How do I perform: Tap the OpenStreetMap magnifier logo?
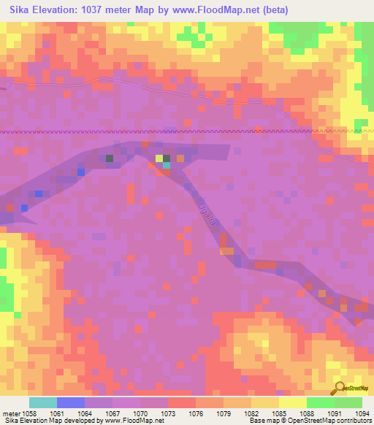(x=338, y=388)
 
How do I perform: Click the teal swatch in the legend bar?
(x=42, y=402)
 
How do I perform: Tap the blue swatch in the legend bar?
(x=70, y=402)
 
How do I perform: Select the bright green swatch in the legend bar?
(x=320, y=402)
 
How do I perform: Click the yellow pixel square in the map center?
(x=159, y=158)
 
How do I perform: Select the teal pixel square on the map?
(x=167, y=165)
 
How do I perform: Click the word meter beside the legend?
(x=12, y=413)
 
